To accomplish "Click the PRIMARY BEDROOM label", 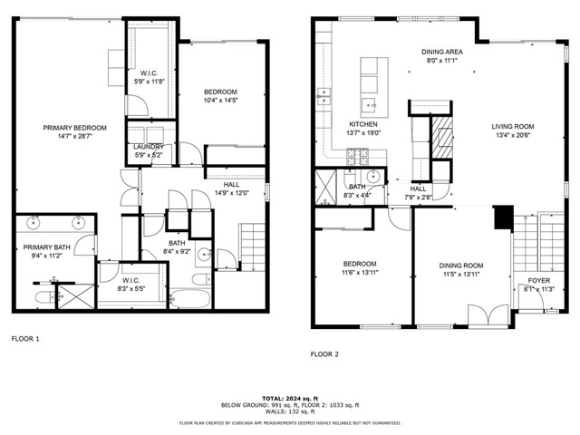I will [68, 128].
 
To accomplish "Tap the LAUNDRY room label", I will [148, 147].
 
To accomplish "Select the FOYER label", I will [538, 280].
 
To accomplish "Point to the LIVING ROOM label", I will [513, 127].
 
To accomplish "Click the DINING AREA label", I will [442, 53].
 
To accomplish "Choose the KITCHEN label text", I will [363, 124].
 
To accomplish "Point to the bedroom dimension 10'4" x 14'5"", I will [220, 101].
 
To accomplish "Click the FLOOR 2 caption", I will [324, 353].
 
